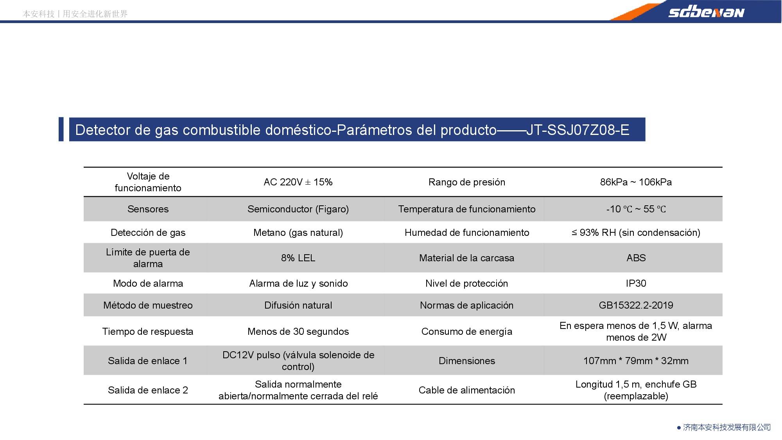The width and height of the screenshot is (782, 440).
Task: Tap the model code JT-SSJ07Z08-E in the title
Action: click(x=578, y=130)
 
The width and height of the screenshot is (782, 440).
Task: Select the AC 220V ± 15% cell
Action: click(x=298, y=182)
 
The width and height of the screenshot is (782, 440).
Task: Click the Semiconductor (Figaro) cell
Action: click(x=298, y=209)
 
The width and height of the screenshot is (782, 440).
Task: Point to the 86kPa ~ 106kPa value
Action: click(x=636, y=182)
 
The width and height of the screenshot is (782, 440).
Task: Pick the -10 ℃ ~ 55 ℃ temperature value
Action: click(x=636, y=209)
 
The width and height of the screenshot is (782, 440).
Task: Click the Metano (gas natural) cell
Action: click(x=298, y=233)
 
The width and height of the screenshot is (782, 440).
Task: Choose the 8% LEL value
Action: click(x=298, y=258)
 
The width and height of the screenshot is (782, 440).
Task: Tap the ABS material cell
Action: click(x=636, y=258)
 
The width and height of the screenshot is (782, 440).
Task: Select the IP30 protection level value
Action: click(x=636, y=284)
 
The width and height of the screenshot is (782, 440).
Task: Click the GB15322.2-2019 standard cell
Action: click(x=636, y=305)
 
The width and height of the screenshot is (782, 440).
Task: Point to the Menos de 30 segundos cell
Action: click(x=298, y=332)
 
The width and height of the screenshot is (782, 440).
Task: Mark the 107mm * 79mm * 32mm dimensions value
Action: click(x=636, y=361)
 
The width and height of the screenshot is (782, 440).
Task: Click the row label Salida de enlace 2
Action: click(x=148, y=390)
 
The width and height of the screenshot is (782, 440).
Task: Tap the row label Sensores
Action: click(x=148, y=209)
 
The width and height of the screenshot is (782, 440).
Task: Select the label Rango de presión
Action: click(x=466, y=182)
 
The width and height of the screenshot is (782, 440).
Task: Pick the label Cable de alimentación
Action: click(x=466, y=390)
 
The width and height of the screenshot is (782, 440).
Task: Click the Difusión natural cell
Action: click(x=298, y=305)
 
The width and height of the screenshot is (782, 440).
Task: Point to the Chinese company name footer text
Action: click(x=726, y=427)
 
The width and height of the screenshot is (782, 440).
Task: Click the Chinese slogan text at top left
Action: click(x=75, y=14)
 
